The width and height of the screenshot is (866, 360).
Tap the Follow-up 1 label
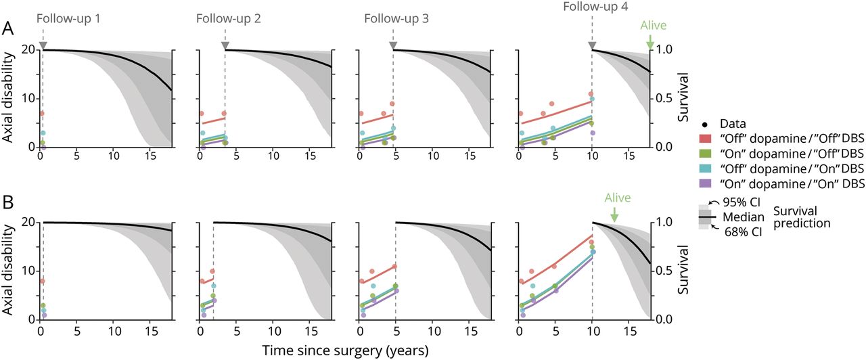click(69, 18)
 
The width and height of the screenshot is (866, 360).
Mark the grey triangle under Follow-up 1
click(43, 45)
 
